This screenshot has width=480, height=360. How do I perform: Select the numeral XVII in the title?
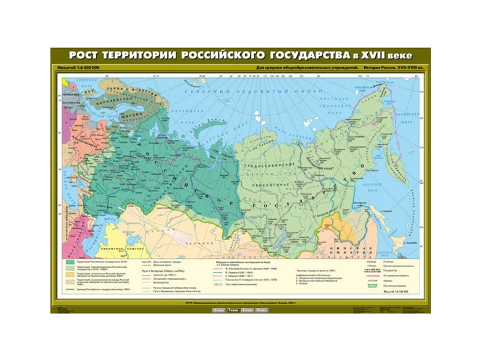click(374, 55)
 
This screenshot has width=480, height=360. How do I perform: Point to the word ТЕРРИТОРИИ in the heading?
click(137, 55)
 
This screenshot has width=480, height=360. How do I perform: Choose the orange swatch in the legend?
click(70, 276)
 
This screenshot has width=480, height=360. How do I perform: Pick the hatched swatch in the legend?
click(70, 282)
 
